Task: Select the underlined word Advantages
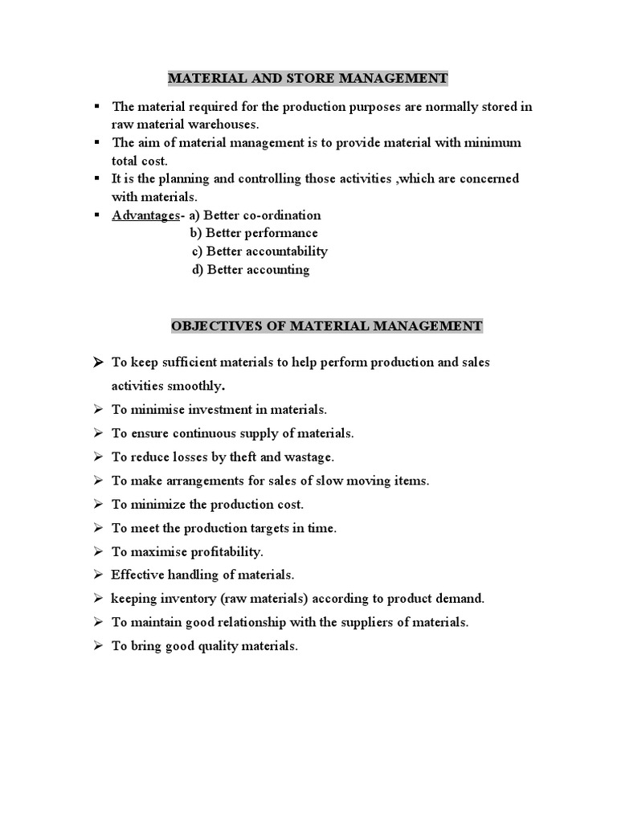(145, 215)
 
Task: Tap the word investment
(218, 410)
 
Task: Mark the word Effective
(137, 575)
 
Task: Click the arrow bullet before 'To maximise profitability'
(97, 552)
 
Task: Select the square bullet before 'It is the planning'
(97, 177)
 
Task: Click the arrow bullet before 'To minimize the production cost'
(97, 505)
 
